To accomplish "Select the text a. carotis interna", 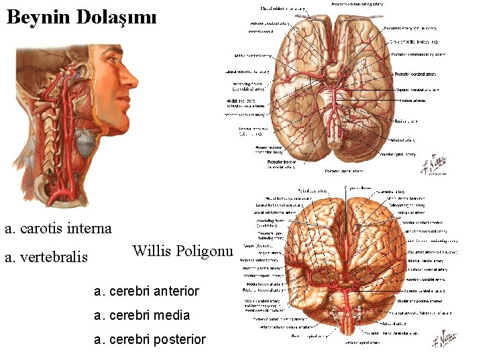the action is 58,229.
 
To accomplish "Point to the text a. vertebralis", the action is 46,257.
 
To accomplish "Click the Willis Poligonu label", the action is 182,251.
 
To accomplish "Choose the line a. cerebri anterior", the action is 147,291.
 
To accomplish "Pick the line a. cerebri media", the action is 142,315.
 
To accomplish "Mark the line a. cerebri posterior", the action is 150,339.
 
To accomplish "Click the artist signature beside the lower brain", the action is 461,343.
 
